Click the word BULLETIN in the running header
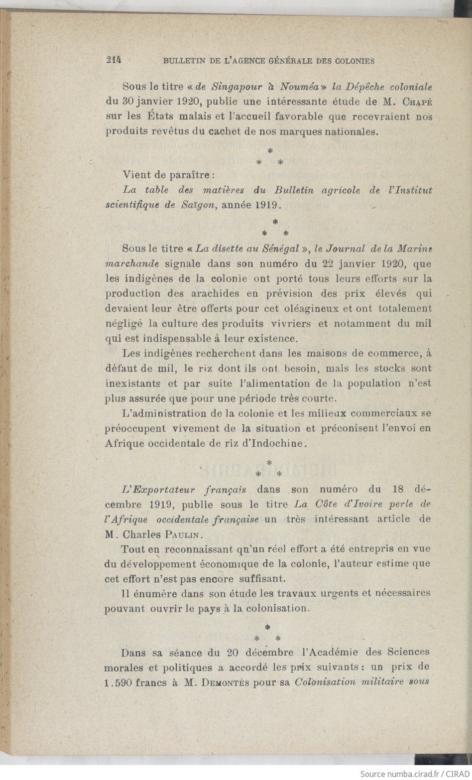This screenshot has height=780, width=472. pos(181,61)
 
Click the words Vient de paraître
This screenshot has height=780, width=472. pos(168,175)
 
